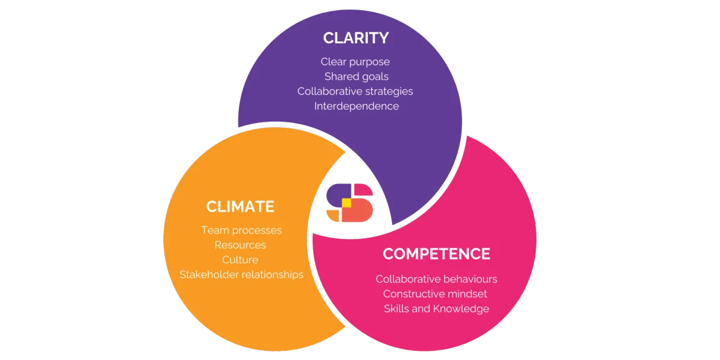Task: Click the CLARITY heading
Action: point(356,38)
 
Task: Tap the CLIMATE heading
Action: point(240,206)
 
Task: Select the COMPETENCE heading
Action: point(436,254)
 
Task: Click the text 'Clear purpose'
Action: point(355,62)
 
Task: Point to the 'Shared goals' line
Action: point(356,77)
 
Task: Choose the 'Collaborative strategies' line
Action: point(355,91)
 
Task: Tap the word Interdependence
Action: point(356,106)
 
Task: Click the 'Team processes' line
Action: point(241,230)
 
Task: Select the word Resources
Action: point(240,245)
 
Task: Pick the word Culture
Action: point(240,260)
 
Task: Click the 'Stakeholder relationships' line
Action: point(241,274)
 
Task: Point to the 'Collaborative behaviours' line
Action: point(436,279)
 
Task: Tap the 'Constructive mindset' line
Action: point(435,294)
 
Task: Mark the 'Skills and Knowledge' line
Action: point(436,308)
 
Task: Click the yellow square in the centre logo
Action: point(346,203)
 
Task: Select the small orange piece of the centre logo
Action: point(334,215)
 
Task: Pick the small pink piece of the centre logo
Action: point(362,190)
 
